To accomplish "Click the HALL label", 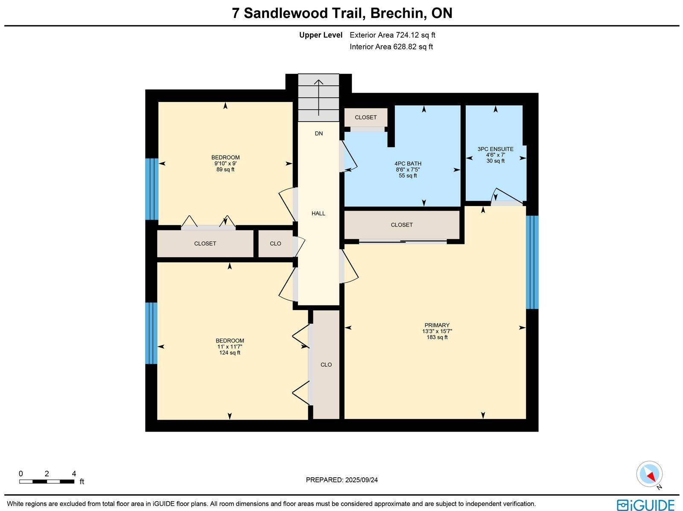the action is click(x=318, y=213).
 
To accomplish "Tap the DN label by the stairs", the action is click(x=318, y=134).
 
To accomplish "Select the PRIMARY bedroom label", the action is click(x=437, y=325).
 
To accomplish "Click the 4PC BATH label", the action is click(x=408, y=163).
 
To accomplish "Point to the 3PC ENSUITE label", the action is click(x=495, y=149).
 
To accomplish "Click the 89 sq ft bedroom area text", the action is click(x=225, y=169).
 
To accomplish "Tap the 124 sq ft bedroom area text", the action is click(x=230, y=352).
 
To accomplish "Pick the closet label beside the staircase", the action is click(x=365, y=117).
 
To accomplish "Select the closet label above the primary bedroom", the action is click(x=402, y=225).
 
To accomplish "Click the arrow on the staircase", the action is click(x=318, y=98).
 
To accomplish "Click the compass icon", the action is click(x=649, y=474).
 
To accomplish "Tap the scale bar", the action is click(x=47, y=482).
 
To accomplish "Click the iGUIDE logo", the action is click(x=645, y=505).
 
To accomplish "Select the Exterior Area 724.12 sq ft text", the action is click(x=392, y=35).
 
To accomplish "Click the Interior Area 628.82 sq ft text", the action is click(x=391, y=47).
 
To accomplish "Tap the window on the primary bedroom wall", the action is click(x=532, y=262).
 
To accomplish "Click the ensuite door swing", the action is click(x=507, y=196).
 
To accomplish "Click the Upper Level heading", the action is click(x=321, y=35).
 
